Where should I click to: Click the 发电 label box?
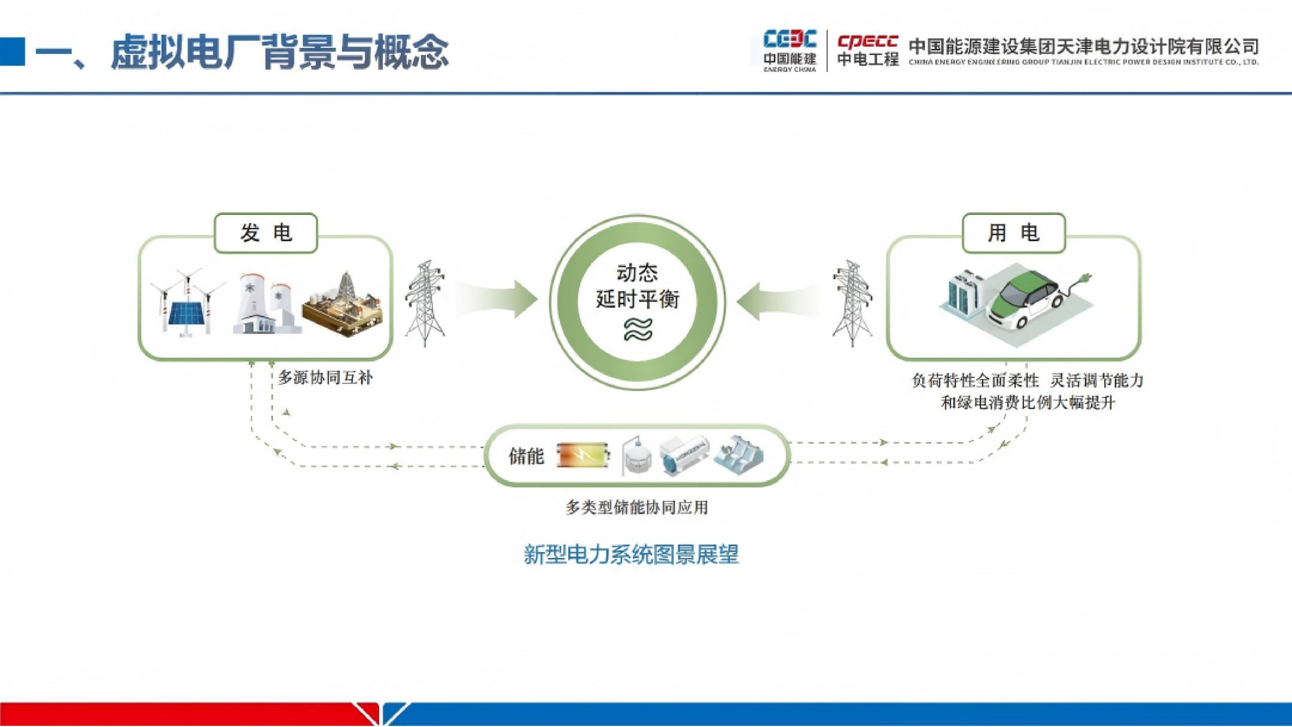tap(265, 233)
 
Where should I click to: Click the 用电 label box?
tap(1013, 233)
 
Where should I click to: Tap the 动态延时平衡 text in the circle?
tap(637, 286)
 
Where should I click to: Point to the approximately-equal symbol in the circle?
tap(638, 329)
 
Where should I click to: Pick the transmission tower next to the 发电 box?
tap(425, 303)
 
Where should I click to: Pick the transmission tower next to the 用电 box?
tap(852, 303)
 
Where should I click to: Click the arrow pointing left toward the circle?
tap(777, 301)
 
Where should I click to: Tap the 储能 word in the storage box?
tap(526, 456)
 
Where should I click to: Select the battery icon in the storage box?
tap(583, 455)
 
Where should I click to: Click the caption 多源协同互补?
tap(326, 377)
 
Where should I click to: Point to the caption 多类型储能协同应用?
tap(637, 507)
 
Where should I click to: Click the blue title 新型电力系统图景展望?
tap(631, 554)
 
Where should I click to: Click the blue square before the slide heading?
tap(12, 51)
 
